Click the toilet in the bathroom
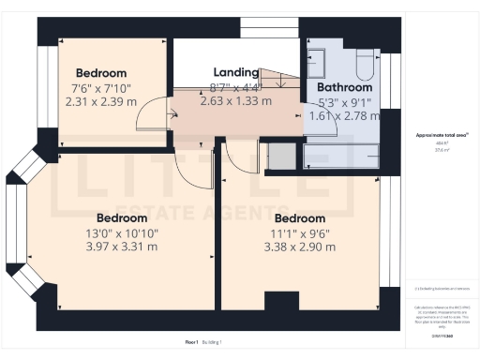click(x=364, y=62)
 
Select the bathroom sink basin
click(x=316, y=63)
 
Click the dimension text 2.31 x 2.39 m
click(x=100, y=101)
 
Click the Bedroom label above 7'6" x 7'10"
click(x=100, y=73)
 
